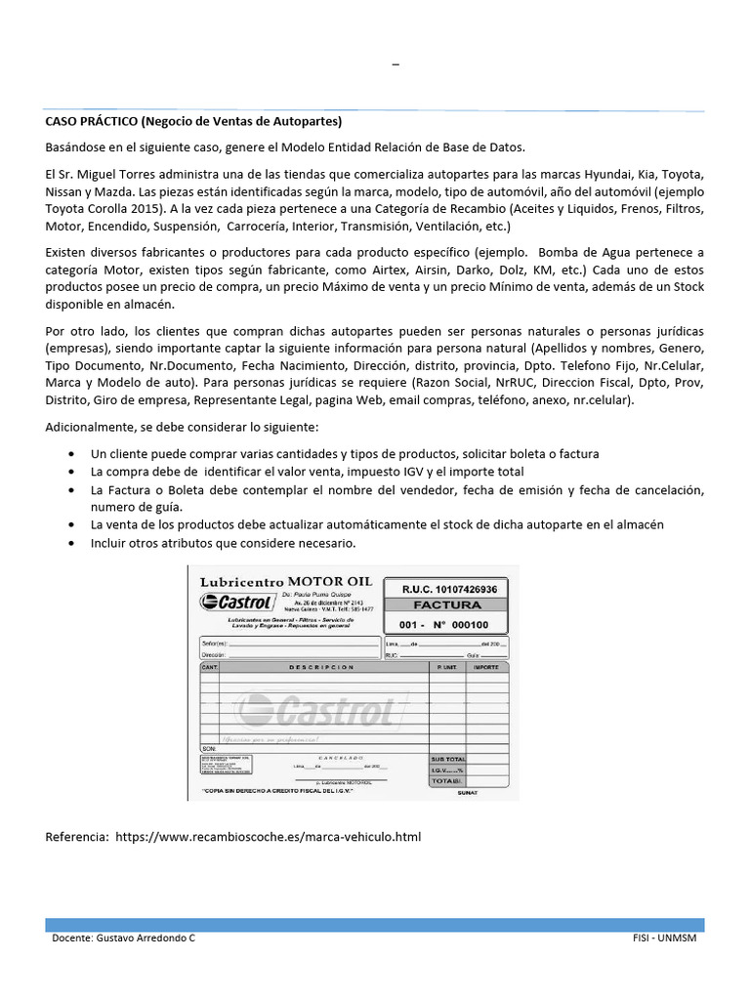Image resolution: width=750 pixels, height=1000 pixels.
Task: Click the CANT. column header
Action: [x=209, y=667]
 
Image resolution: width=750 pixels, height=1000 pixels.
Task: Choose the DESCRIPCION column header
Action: [x=321, y=667]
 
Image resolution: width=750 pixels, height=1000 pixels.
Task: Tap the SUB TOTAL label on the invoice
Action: [x=448, y=758]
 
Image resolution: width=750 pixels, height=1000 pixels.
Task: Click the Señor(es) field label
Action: [x=213, y=645]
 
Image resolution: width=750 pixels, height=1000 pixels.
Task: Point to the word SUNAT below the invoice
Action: [x=468, y=793]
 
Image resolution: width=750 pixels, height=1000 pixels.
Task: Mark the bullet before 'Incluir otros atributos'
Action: [x=74, y=542]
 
